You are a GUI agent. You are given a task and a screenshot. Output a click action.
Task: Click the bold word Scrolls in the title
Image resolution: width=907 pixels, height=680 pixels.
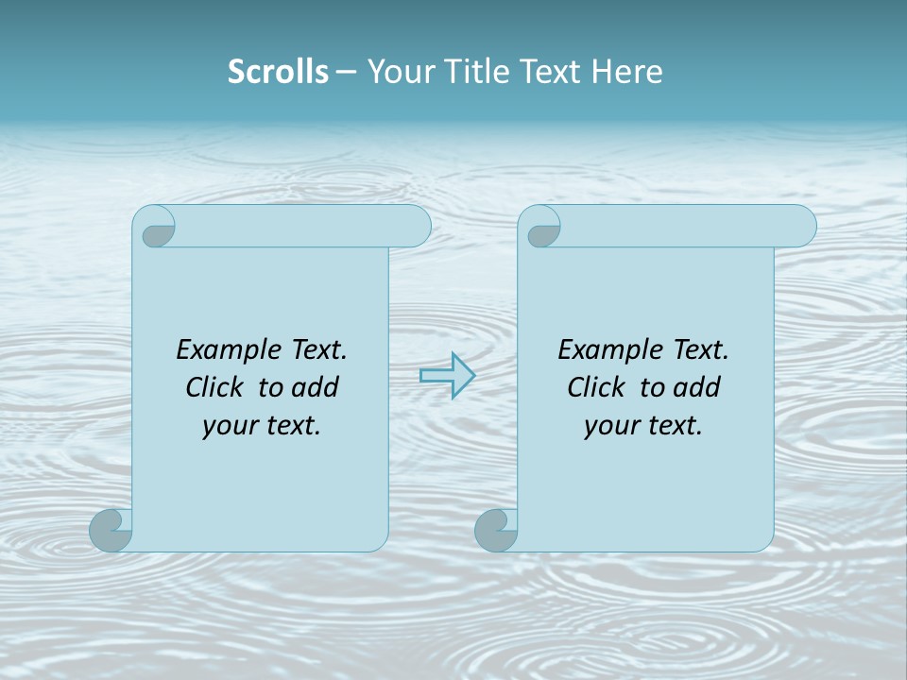pyautogui.click(x=278, y=72)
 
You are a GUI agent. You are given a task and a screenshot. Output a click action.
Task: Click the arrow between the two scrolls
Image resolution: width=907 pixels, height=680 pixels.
pyautogui.click(x=447, y=375)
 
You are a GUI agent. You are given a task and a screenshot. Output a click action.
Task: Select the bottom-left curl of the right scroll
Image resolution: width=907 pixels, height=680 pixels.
pyautogui.click(x=497, y=530)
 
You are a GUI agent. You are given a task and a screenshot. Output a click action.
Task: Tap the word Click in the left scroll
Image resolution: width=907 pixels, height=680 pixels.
pyautogui.click(x=215, y=387)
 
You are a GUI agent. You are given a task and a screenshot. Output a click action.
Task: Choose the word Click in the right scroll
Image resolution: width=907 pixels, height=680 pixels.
pyautogui.click(x=596, y=387)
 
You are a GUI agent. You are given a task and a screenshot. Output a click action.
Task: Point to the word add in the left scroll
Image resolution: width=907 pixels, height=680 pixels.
pyautogui.click(x=316, y=387)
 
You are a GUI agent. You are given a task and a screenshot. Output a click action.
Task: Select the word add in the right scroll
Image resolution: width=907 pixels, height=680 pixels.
pyautogui.click(x=697, y=387)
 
